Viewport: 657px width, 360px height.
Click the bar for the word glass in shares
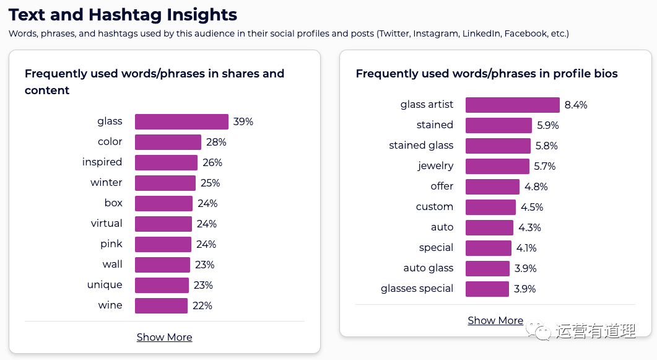[x=181, y=121]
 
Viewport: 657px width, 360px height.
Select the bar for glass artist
[x=512, y=105]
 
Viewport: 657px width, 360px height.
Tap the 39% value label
[x=243, y=121]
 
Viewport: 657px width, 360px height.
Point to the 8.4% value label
[x=576, y=105]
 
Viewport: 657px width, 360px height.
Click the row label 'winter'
[x=107, y=183]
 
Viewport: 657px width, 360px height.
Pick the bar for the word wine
[x=161, y=305]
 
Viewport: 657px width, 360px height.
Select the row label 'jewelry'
[x=435, y=166]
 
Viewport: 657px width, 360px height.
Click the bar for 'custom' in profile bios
[x=490, y=207]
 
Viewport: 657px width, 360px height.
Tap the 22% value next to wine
[x=202, y=305]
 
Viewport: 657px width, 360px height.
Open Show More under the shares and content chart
[x=164, y=337]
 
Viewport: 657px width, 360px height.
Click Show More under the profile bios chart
[x=495, y=320]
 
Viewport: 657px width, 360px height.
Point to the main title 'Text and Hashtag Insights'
[x=123, y=14]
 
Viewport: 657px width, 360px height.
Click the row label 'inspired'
[x=102, y=162]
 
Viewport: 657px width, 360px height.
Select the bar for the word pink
[x=163, y=244]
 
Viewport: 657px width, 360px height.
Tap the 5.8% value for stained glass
[x=547, y=146]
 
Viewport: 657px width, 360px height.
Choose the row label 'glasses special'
[x=417, y=289]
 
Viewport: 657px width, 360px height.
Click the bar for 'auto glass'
[x=487, y=268]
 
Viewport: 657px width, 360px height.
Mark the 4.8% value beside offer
[x=536, y=187]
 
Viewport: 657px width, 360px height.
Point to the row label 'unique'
[x=105, y=285]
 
